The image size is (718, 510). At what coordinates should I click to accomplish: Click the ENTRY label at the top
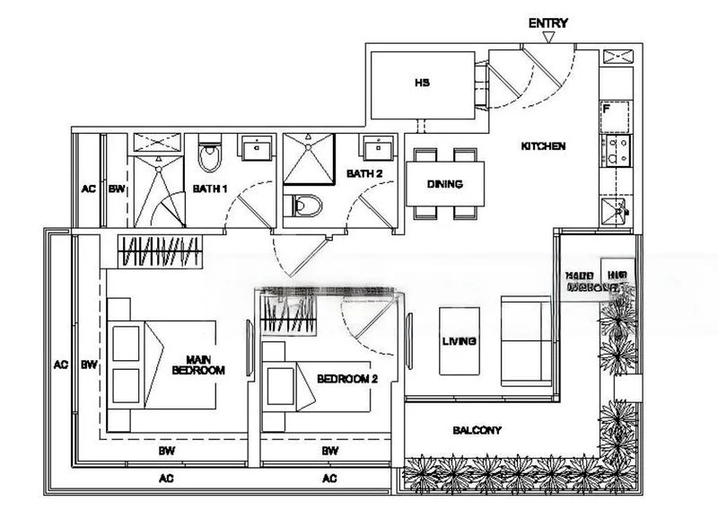tap(548, 23)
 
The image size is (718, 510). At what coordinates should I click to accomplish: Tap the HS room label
tap(423, 83)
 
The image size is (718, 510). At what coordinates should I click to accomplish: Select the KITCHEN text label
tap(544, 146)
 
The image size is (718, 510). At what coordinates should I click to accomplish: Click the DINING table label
tap(444, 185)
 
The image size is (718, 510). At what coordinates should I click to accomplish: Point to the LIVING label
tap(459, 341)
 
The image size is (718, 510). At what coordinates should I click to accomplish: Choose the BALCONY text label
tap(477, 430)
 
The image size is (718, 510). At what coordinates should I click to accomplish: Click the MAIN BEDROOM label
tap(199, 364)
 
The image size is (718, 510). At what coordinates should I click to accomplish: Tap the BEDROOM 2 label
tap(347, 379)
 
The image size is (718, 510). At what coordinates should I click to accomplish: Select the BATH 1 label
tap(211, 189)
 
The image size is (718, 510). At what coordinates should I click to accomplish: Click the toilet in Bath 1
tap(210, 156)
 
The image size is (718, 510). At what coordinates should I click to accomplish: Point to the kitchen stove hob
tap(616, 150)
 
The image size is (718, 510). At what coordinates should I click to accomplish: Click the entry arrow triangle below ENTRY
tap(549, 38)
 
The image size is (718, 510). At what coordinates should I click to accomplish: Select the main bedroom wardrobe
tap(162, 251)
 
